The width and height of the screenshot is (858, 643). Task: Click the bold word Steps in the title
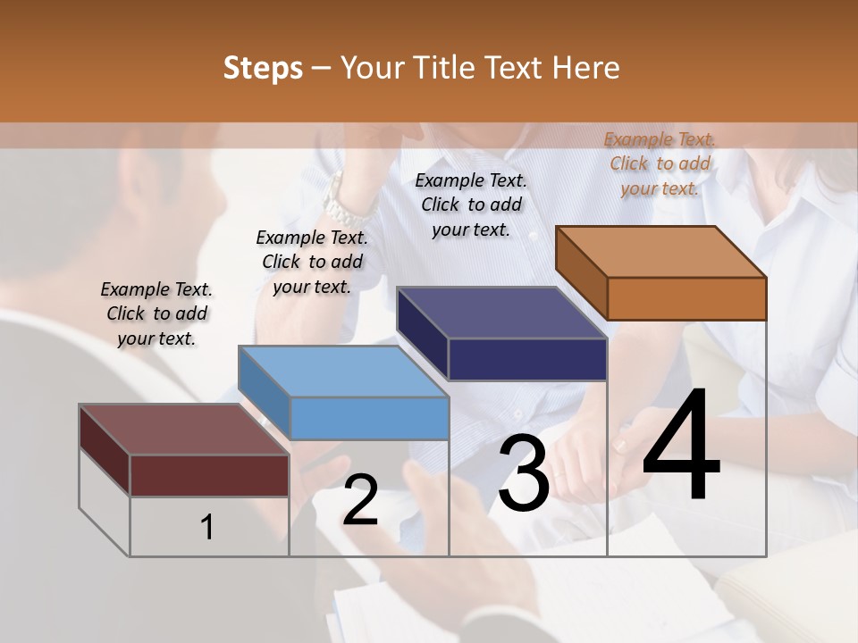263,68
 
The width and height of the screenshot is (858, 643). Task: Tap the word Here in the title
586,68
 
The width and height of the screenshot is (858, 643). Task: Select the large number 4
681,447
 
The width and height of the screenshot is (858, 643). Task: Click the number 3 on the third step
524,474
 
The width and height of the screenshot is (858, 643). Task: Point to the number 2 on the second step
360,500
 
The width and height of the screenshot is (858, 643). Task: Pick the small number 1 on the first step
207,528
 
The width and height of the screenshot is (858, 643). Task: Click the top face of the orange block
660,251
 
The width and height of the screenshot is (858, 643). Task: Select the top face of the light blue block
343,371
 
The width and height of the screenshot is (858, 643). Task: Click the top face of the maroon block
184,430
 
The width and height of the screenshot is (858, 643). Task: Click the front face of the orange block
686,298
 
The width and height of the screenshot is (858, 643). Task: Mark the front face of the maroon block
209,475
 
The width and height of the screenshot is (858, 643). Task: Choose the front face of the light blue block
369,418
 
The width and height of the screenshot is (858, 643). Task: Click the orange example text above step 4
660,163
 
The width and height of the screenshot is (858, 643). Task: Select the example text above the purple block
471,205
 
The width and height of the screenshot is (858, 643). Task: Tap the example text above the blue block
312,262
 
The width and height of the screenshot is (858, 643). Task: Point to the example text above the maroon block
156,313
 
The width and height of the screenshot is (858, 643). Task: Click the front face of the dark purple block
527,359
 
